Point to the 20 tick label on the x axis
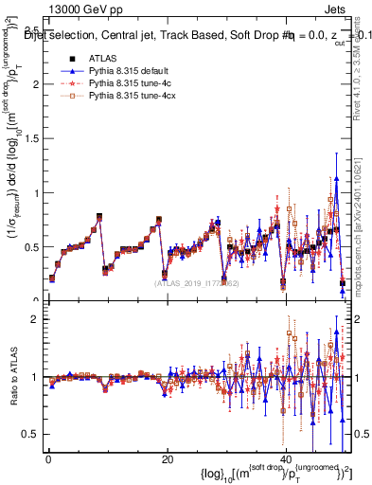pyautogui.click(x=167, y=458)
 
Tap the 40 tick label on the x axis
pyautogui.click(x=285, y=458)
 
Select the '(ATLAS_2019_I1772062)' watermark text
pyautogui.click(x=195, y=281)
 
